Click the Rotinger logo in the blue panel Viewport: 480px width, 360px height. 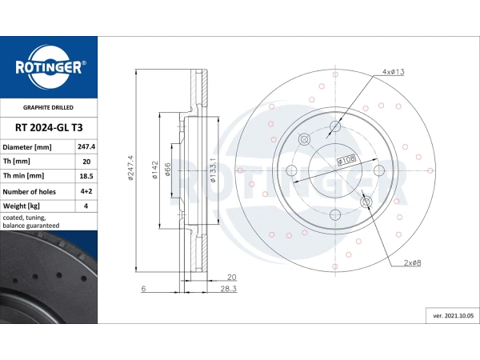[48, 67]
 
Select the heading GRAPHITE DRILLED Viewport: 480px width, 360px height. [48, 106]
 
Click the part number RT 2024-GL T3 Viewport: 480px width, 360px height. [48, 126]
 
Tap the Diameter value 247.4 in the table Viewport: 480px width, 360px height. [86, 147]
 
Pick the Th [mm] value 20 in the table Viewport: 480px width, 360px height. [86, 162]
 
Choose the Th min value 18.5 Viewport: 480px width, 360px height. [86, 176]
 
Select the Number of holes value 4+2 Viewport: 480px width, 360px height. [86, 191]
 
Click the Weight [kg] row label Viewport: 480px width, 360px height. [26, 206]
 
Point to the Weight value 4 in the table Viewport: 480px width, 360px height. [86, 206]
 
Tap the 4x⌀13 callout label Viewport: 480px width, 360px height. [393, 72]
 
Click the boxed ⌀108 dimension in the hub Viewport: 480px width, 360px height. [346, 160]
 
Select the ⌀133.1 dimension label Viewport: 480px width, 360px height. [212, 170]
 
